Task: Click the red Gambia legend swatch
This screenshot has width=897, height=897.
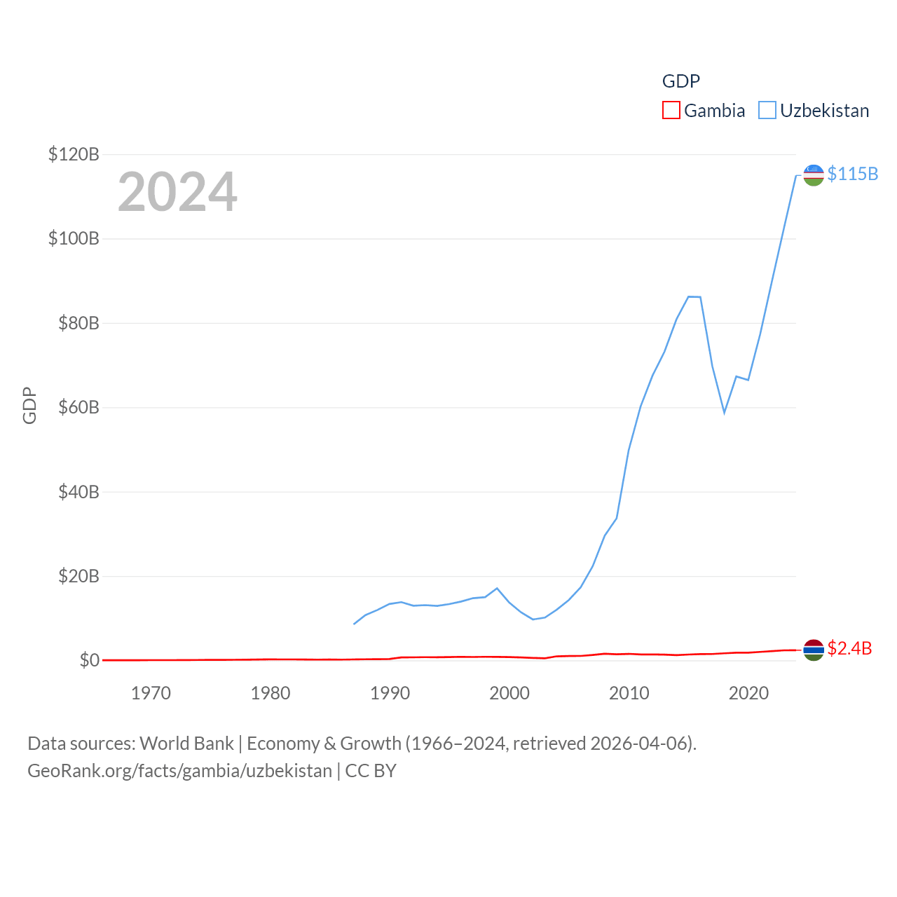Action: pos(671,111)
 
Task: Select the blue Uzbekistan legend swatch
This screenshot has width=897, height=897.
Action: pos(767,111)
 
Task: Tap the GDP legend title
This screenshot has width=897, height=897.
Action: pos(680,81)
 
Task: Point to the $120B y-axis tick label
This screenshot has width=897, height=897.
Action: pos(74,154)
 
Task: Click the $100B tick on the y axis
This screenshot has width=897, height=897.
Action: pos(74,238)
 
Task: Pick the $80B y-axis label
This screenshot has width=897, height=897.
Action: pos(78,323)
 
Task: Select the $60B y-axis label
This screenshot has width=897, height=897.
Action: pos(78,407)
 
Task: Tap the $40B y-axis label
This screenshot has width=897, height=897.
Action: pos(78,492)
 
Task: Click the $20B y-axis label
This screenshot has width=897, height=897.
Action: pos(78,576)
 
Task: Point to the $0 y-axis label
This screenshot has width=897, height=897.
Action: pos(89,660)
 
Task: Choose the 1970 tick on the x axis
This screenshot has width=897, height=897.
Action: pos(151,693)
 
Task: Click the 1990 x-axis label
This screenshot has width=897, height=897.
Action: pos(390,693)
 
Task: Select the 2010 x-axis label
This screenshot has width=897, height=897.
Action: pos(629,693)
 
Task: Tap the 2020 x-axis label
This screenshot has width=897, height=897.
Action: pos(748,693)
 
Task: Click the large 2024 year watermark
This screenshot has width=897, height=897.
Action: pos(177,192)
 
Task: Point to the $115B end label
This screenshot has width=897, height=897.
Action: pos(852,174)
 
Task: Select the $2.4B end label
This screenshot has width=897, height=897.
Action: pos(849,648)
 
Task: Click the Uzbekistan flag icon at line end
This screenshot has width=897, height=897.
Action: pos(813,175)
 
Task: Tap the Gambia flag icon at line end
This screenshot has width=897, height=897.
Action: pos(813,650)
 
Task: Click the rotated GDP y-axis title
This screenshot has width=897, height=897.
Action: pos(29,405)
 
